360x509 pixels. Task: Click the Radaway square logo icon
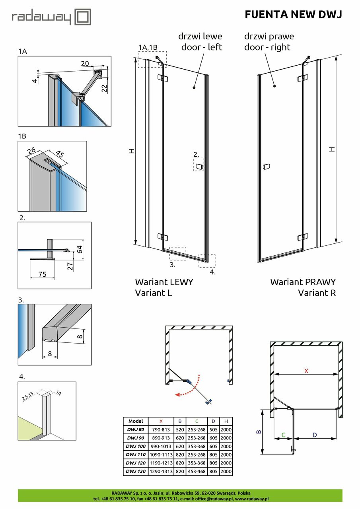pyautogui.click(x=84, y=17)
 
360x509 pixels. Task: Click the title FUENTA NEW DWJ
pyautogui.click(x=293, y=15)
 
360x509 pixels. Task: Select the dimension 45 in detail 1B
pyautogui.click(x=60, y=154)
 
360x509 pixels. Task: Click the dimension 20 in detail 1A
pyautogui.click(x=84, y=64)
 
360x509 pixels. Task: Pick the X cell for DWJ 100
pyautogui.click(x=161, y=446)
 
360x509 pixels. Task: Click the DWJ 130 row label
pyautogui.click(x=135, y=471)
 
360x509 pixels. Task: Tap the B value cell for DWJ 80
pyautogui.click(x=180, y=429)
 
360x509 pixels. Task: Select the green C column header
pyautogui.click(x=196, y=421)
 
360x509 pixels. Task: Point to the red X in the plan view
pyautogui.click(x=306, y=371)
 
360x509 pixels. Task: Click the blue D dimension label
pyautogui.click(x=314, y=435)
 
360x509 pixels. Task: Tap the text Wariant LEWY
pyautogui.click(x=164, y=282)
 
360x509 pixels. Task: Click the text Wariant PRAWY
pyautogui.click(x=303, y=282)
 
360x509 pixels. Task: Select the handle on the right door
pyautogui.click(x=266, y=166)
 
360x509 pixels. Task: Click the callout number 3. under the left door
pyautogui.click(x=172, y=264)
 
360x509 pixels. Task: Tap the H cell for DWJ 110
pyautogui.click(x=226, y=455)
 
